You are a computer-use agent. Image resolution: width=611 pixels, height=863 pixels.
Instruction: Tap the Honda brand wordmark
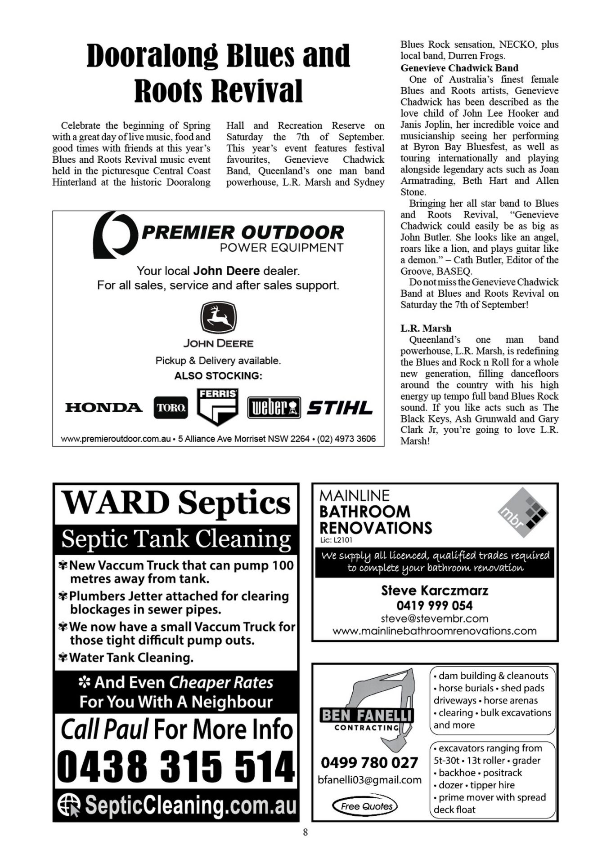click(x=104, y=408)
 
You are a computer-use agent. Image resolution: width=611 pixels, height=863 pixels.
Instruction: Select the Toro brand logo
click(x=171, y=408)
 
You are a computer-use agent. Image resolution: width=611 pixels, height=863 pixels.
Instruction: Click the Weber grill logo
click(x=274, y=408)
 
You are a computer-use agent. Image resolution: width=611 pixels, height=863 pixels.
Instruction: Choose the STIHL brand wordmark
click(x=340, y=408)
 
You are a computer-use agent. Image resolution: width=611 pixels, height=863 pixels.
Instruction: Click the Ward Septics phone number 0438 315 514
click(x=176, y=766)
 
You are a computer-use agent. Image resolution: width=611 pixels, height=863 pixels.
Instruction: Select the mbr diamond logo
click(x=523, y=512)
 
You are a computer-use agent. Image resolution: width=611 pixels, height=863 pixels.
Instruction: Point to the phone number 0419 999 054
click(x=435, y=605)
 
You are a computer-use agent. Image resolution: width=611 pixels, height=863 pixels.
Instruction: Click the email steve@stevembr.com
click(x=435, y=618)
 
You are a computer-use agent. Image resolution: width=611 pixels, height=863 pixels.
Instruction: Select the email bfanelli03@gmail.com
click(x=369, y=780)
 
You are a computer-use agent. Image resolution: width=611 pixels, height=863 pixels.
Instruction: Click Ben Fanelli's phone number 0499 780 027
click(x=369, y=762)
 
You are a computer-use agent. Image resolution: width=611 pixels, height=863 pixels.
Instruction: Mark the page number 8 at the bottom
click(x=305, y=832)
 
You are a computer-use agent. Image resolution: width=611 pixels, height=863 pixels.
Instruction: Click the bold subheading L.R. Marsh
click(x=426, y=328)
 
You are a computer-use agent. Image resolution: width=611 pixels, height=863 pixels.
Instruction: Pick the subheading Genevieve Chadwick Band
click(x=459, y=68)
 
